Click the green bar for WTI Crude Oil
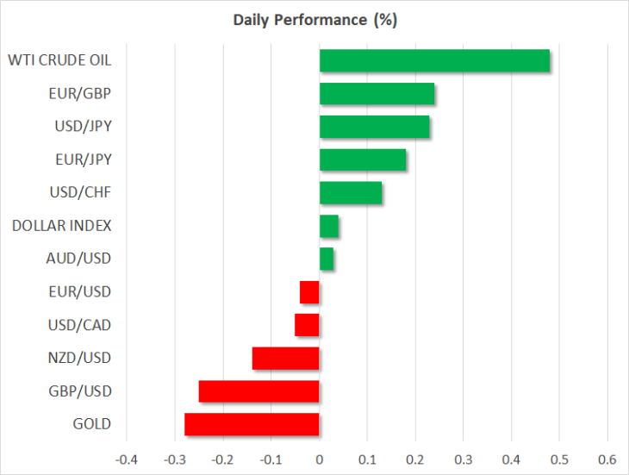click(434, 60)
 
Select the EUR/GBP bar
click(377, 93)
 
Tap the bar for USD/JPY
click(375, 127)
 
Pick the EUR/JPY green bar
click(363, 159)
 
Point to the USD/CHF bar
click(351, 192)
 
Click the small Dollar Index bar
click(329, 226)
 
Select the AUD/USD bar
click(327, 259)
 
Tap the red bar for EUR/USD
click(309, 292)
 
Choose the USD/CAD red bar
click(307, 325)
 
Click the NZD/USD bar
click(285, 359)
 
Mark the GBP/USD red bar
click(259, 391)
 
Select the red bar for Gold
click(252, 424)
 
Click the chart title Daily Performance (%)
click(314, 20)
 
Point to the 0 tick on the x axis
click(320, 459)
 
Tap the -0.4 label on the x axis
click(127, 459)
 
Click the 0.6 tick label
click(607, 459)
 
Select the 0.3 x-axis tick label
click(464, 459)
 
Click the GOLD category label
click(92, 424)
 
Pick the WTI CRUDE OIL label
click(59, 60)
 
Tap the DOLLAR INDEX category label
click(61, 226)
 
